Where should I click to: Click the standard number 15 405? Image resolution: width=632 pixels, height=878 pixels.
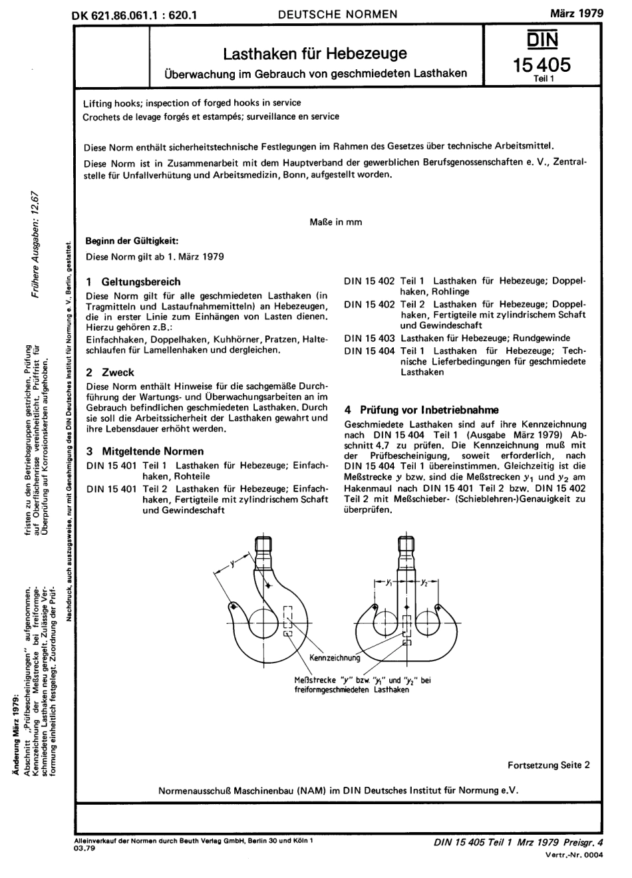coord(542,65)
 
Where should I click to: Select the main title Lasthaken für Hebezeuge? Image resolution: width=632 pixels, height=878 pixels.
coord(315,53)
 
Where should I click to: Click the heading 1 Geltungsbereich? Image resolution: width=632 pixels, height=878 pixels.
coord(133,281)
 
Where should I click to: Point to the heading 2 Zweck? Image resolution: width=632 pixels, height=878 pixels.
coord(110,372)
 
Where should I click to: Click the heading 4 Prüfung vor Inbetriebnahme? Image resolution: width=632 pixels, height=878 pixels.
coord(420,410)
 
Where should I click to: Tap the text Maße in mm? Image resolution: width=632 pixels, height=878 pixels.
coord(336,222)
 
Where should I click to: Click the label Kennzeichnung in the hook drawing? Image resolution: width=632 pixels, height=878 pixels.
coord(335,658)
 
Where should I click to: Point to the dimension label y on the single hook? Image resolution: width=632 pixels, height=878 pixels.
coord(232,563)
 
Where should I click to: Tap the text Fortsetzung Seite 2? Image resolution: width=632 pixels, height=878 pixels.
coord(548,765)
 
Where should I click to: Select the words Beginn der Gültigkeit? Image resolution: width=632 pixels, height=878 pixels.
coord(132,241)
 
